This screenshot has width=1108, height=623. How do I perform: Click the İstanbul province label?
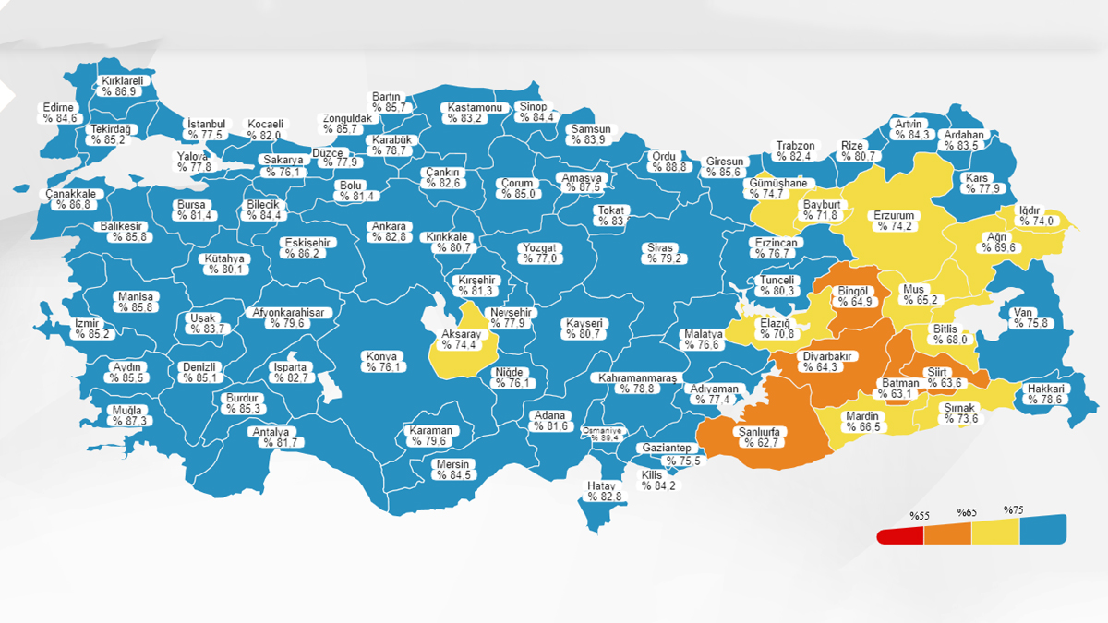(206, 129)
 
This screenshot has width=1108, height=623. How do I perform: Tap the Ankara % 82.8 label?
(389, 232)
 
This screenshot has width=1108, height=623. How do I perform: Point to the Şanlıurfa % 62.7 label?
(758, 437)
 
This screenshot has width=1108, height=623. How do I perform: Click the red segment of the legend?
(899, 535)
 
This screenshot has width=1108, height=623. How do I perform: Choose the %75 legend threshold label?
(1013, 509)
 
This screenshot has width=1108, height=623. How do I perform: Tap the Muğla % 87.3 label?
(127, 415)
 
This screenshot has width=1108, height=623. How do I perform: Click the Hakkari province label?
(1046, 394)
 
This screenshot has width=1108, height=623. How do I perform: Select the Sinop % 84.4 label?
(533, 112)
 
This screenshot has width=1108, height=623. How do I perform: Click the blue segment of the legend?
(1042, 530)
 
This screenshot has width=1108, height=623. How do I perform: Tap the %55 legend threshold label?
(918, 515)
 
